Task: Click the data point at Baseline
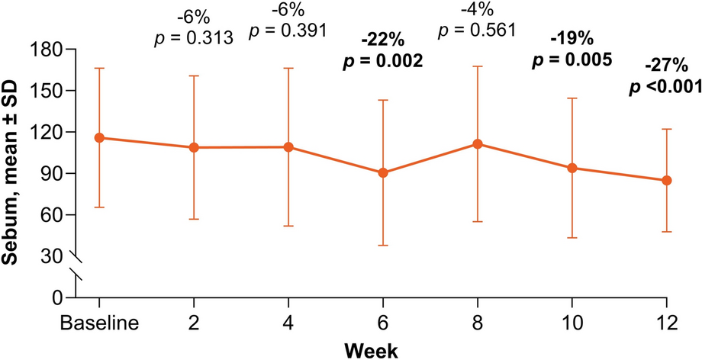(x=99, y=137)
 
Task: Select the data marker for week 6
(x=383, y=173)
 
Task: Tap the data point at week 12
(x=667, y=181)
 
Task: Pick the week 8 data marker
(x=478, y=143)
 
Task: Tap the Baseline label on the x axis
(x=99, y=323)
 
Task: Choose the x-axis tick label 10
(x=572, y=323)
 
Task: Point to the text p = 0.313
(x=194, y=37)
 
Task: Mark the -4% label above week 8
(x=478, y=11)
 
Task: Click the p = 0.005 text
(x=572, y=60)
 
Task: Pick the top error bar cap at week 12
(x=667, y=130)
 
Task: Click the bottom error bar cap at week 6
(x=383, y=246)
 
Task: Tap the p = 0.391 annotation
(x=288, y=31)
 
